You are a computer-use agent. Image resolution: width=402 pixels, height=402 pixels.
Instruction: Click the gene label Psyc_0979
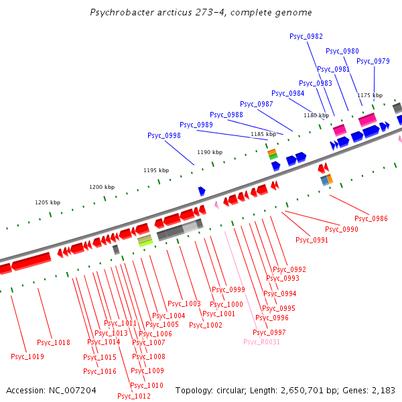(373, 61)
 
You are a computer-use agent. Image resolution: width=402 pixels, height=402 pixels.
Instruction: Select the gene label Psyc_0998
(164, 135)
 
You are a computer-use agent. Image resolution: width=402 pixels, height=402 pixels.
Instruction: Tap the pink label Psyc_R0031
(261, 342)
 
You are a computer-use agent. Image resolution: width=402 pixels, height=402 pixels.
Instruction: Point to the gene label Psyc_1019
(27, 356)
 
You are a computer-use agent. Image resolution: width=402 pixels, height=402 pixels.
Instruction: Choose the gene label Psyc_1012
(134, 396)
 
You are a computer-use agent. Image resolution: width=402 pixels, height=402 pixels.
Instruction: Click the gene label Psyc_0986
(371, 218)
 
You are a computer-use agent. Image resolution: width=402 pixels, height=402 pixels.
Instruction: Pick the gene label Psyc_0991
(312, 240)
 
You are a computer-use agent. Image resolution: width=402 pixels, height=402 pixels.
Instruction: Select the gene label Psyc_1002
(206, 325)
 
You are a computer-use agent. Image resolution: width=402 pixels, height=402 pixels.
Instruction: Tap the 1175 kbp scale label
(370, 95)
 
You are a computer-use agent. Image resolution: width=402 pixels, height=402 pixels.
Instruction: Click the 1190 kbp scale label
(209, 152)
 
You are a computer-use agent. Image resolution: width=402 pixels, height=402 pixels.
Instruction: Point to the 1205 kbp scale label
(48, 202)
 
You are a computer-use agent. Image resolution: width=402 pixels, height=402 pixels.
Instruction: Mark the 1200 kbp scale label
(102, 187)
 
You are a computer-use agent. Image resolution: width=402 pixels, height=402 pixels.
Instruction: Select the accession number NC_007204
(70, 390)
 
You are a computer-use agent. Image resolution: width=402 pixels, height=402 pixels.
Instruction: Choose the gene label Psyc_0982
(306, 36)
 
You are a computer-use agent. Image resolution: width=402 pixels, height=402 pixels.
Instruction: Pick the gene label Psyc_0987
(257, 104)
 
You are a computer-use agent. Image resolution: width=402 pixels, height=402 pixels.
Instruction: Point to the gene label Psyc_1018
(54, 342)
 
